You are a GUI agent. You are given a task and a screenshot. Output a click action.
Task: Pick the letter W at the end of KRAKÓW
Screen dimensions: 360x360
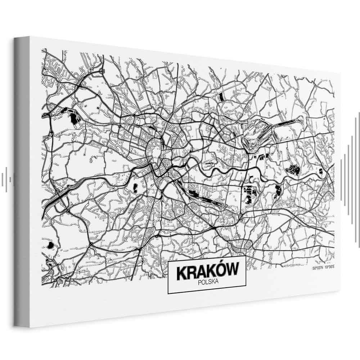pyautogui.click(x=233, y=272)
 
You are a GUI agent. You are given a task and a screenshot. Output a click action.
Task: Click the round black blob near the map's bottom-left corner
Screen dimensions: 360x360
pyautogui.click(x=50, y=245)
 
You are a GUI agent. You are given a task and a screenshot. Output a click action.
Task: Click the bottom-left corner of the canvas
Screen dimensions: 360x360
pyautogui.click(x=16, y=326)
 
